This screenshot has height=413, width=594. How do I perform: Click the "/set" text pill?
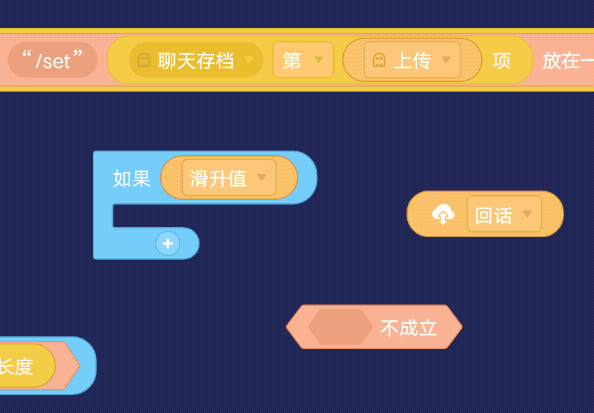pos(53,60)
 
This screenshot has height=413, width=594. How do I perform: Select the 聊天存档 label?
pos(195,61)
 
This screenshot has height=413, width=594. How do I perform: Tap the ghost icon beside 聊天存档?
pos(144,60)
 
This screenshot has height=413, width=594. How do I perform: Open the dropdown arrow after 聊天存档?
pos(249,59)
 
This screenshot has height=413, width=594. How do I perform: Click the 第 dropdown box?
pos(303,60)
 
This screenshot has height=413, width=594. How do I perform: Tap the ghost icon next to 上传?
pos(379,60)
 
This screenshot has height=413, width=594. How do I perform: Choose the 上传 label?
pos(412,61)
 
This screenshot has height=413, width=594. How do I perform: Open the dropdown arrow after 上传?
pos(446,59)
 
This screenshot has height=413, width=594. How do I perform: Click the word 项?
pos(502,61)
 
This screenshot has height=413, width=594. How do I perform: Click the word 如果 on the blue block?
pos(132,178)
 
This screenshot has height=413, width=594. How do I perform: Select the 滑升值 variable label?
pos(218,178)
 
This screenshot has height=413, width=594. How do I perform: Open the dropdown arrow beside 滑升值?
pos(261,177)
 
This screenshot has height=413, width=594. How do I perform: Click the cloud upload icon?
pos(443,214)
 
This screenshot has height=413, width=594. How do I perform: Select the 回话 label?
pos(493,216)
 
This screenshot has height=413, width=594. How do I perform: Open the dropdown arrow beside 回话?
pos(527,214)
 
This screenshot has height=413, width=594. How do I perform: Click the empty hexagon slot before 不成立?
pos(340,327)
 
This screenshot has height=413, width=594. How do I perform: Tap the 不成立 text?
pos(408,328)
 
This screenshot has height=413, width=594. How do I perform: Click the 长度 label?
pos(16,366)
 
